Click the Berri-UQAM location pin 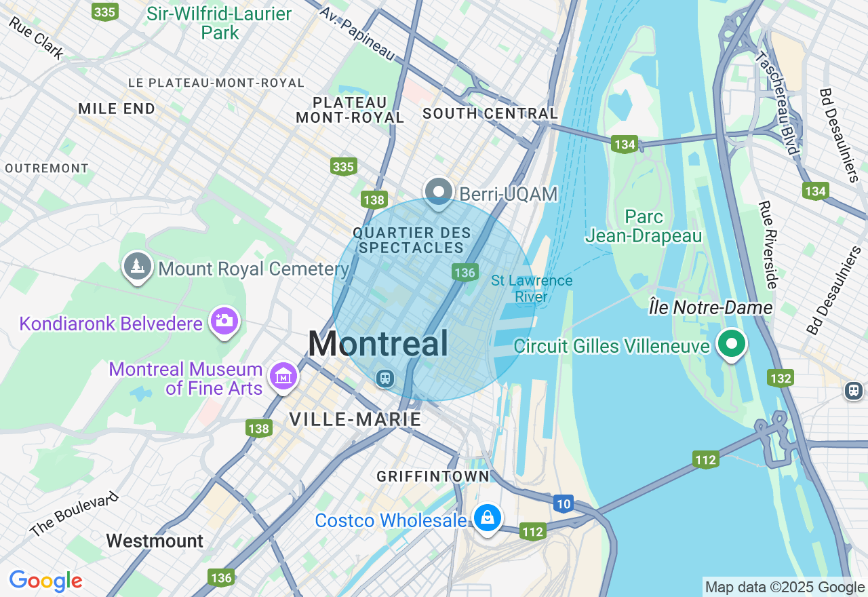pos(439,191)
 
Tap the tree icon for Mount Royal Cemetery pos(138,266)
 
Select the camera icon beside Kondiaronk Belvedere pos(224,320)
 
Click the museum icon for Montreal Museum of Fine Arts pos(283,376)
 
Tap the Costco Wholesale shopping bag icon pos(487,518)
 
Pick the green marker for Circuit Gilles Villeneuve pos(731,343)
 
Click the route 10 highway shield pos(563,504)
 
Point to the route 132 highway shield pos(781,378)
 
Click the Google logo pos(45,581)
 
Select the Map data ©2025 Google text pos(785,588)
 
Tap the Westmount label pos(155,541)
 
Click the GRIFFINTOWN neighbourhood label pos(433,476)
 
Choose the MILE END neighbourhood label pos(117,109)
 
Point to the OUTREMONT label pos(47,168)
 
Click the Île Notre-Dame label pos(711,308)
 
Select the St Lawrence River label pos(532,288)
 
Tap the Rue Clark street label pos(36,37)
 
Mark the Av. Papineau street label pos(357,33)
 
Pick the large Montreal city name pos(378,344)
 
